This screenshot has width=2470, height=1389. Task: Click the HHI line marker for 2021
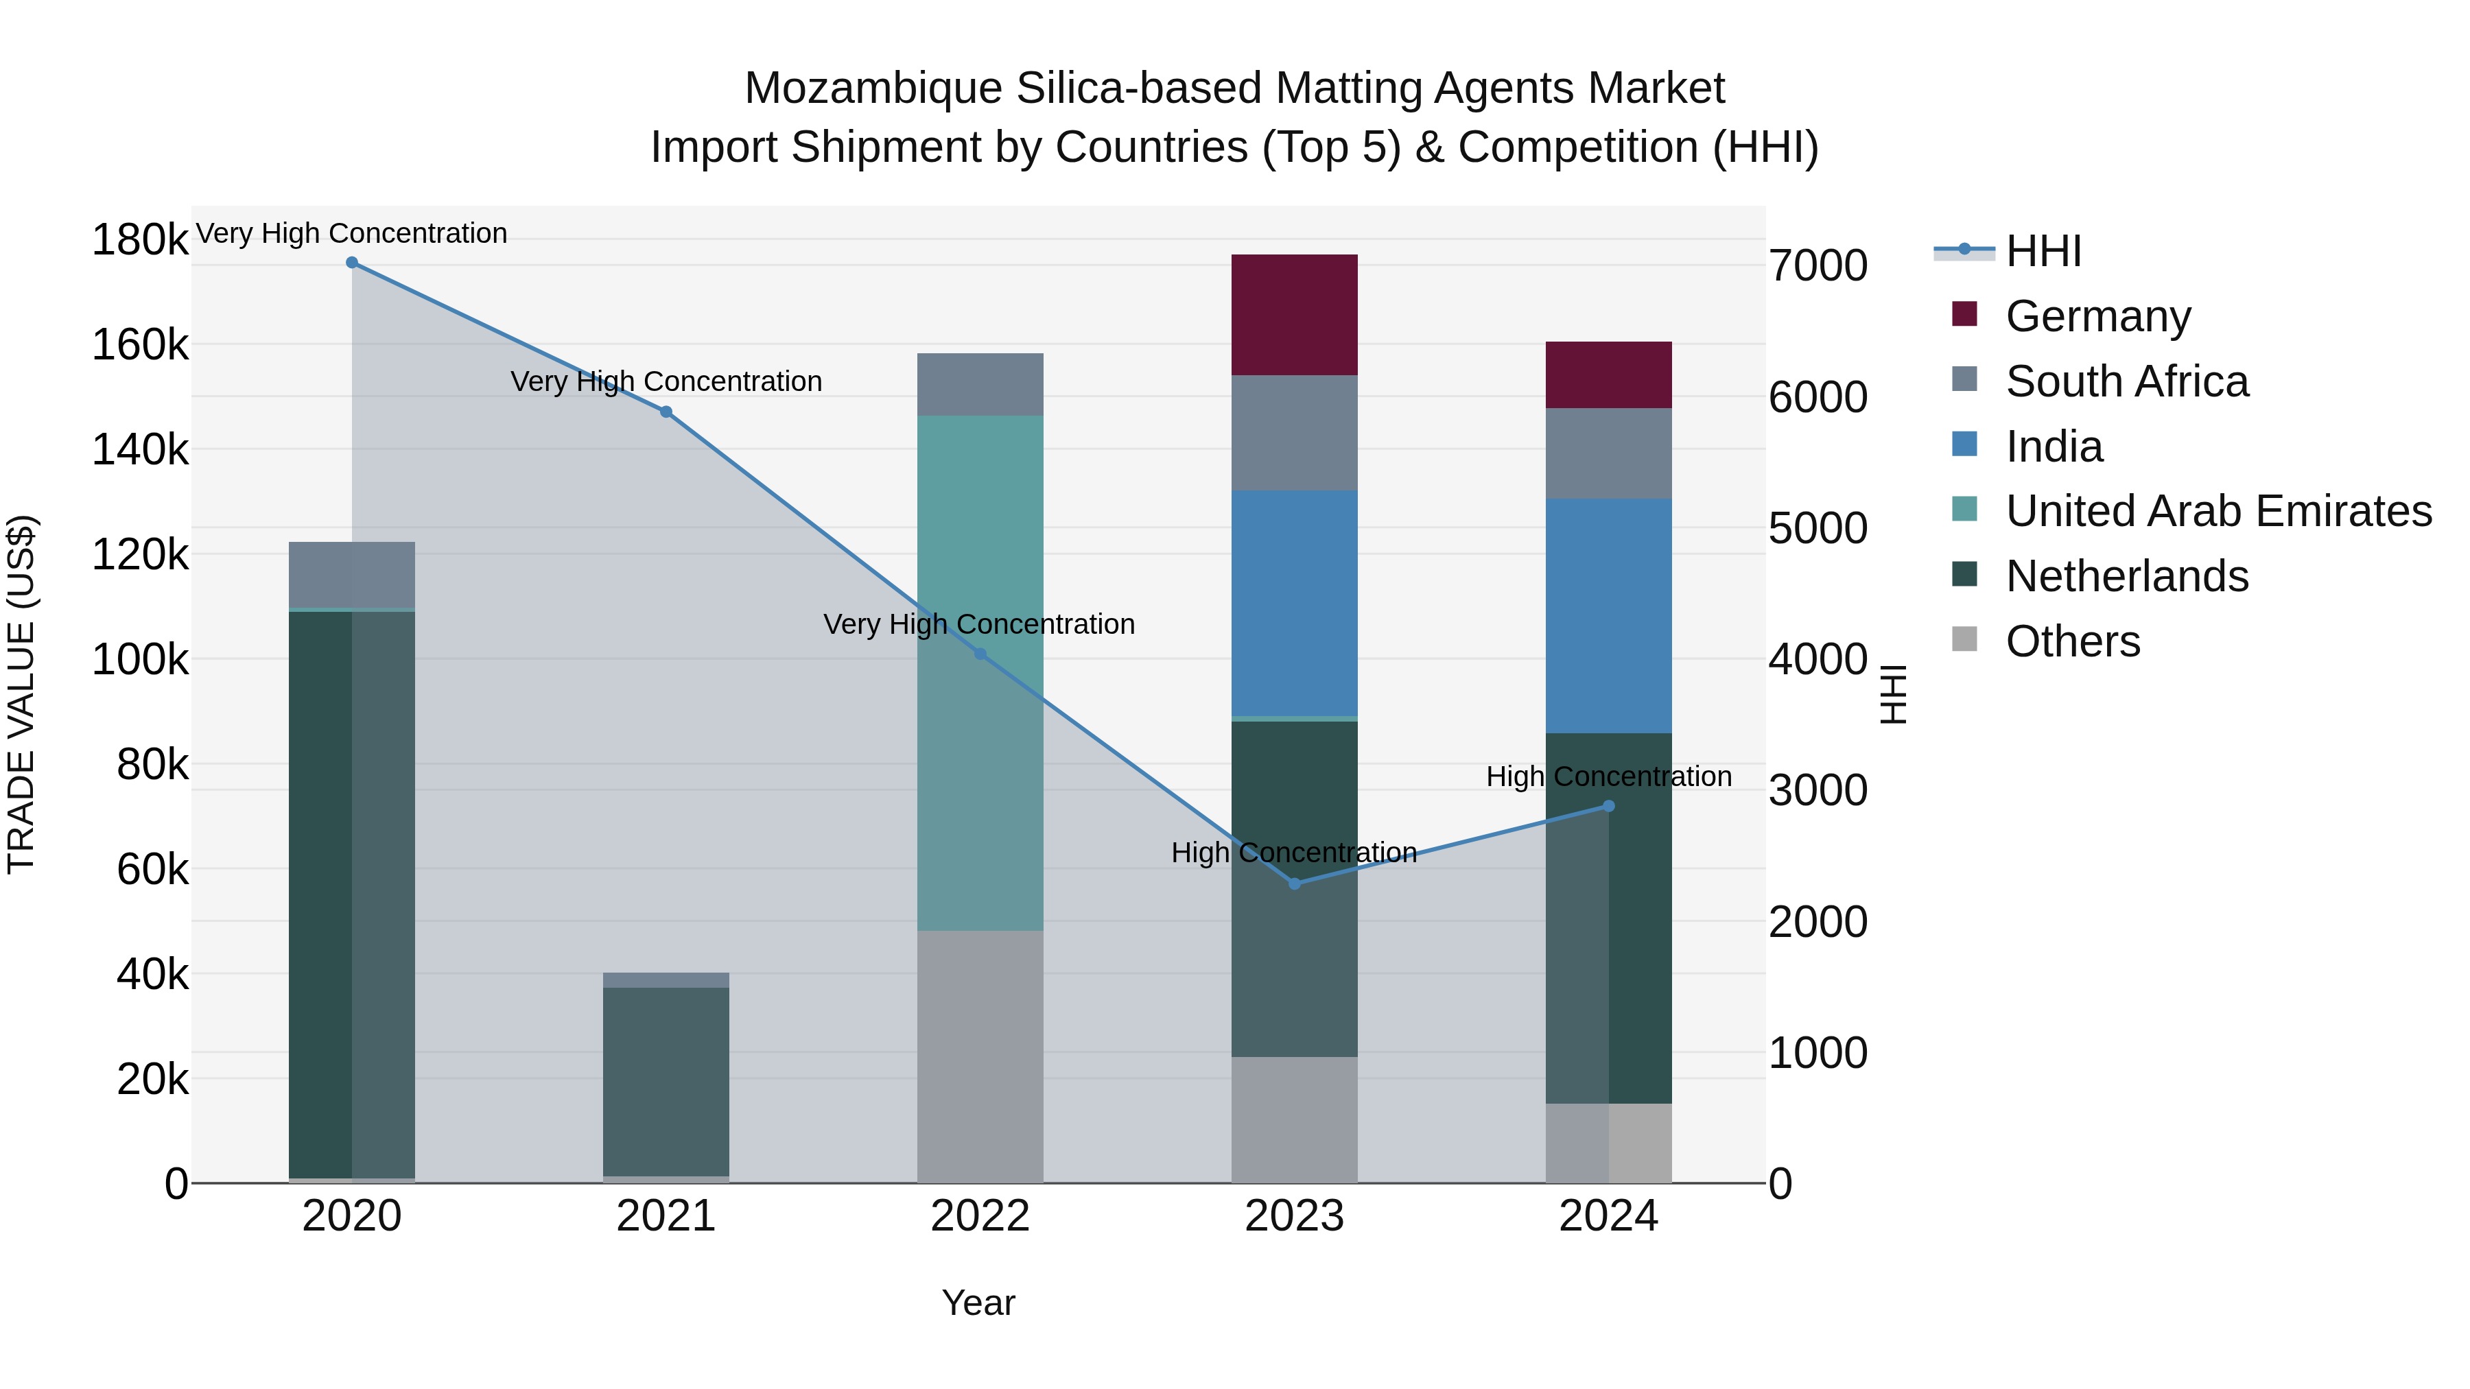point(666,412)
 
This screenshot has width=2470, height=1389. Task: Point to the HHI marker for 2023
point(1295,883)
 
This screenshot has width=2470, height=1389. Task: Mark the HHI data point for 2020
point(352,263)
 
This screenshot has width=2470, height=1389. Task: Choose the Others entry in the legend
point(2072,641)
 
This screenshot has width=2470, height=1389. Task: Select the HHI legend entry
point(2043,251)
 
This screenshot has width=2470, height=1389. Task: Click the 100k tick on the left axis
point(140,659)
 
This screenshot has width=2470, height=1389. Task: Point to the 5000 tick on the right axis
point(1817,528)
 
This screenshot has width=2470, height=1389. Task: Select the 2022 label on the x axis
point(980,1216)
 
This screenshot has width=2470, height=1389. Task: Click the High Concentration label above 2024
point(1608,776)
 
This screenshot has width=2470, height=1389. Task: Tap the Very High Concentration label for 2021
point(666,381)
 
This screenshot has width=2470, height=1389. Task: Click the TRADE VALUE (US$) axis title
point(21,694)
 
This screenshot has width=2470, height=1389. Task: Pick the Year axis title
point(978,1303)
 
